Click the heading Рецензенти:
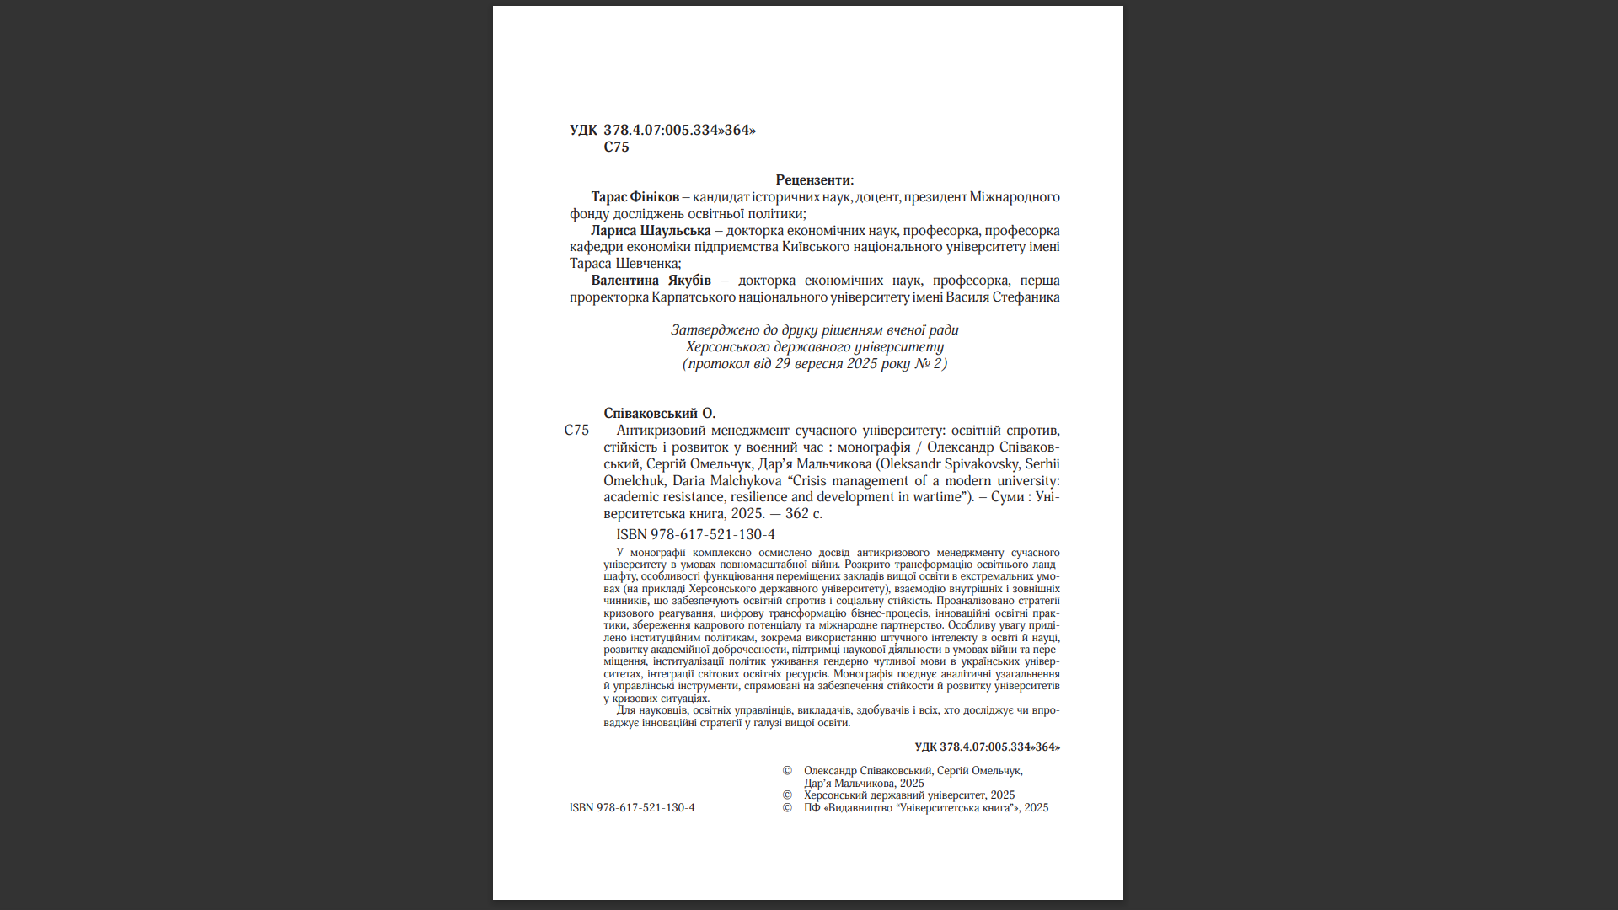click(x=814, y=179)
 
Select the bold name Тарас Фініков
click(x=635, y=196)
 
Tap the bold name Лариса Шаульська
click(x=651, y=230)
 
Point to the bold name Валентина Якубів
click(x=651, y=280)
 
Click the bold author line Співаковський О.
click(x=659, y=413)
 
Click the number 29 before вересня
click(x=783, y=363)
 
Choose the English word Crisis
click(x=810, y=480)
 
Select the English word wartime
click(x=937, y=496)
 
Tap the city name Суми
click(x=1007, y=496)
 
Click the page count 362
click(x=796, y=513)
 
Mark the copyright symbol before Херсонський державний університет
click(x=787, y=795)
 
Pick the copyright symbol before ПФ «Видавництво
click(x=787, y=807)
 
